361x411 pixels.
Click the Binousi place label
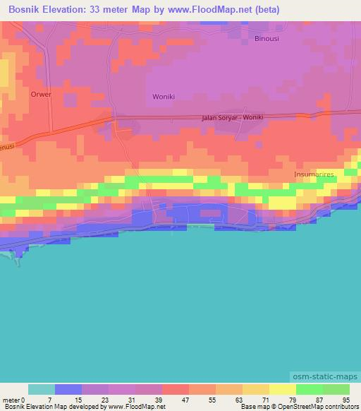[267, 39]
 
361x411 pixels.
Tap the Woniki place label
[164, 96]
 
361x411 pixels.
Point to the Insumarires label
[314, 174]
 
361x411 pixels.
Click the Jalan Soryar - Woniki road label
[232, 118]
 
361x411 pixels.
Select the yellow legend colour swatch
[283, 389]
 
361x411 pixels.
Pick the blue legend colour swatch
[68, 389]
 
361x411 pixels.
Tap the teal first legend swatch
[42, 389]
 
